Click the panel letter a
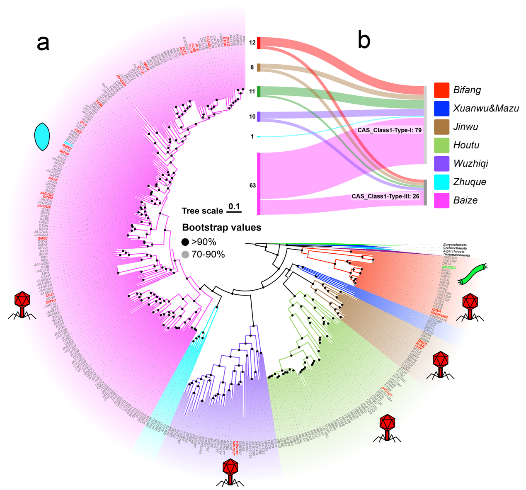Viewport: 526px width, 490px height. point(43,43)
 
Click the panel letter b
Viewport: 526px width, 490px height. point(364,40)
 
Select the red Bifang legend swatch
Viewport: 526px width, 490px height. point(441,90)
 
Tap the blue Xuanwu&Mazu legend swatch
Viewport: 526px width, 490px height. point(441,108)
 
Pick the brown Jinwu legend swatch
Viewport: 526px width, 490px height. point(441,127)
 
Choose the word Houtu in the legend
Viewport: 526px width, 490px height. point(466,145)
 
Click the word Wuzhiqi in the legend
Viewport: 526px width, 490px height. point(470,163)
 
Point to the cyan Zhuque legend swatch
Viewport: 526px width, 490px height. point(441,182)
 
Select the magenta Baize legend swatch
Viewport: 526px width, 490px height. point(441,200)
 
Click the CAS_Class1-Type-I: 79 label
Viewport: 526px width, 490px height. point(389,130)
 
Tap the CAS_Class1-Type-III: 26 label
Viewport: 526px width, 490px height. point(385,196)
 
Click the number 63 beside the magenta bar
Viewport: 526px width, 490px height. point(252,185)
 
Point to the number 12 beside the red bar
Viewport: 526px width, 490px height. point(252,43)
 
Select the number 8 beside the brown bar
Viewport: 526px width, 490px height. point(252,68)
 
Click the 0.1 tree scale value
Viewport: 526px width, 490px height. point(234,206)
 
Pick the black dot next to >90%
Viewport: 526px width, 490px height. point(185,242)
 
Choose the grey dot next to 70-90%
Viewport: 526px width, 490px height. point(185,255)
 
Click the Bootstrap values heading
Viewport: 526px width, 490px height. point(221,228)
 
